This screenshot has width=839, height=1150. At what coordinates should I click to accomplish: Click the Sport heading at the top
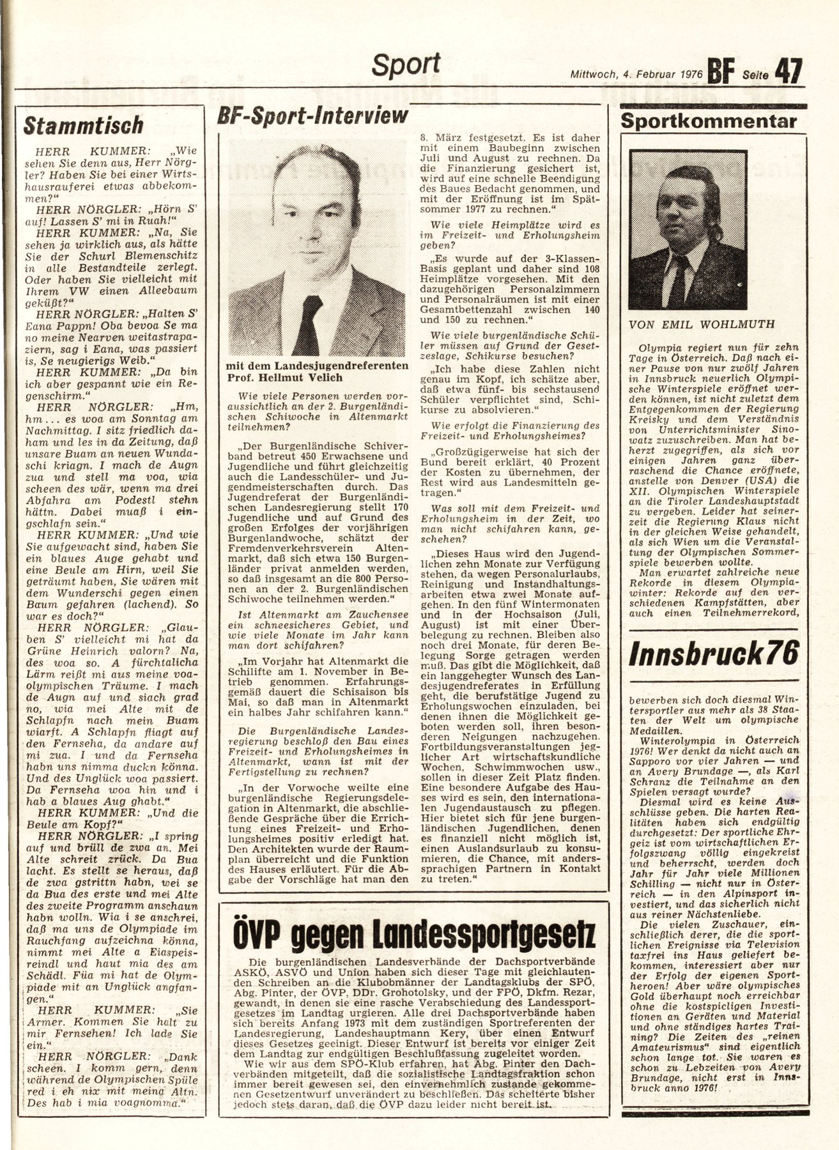point(406,65)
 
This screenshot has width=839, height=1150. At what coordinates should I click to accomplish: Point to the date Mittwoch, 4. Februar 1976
point(636,74)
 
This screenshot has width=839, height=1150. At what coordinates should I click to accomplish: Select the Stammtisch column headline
point(84,125)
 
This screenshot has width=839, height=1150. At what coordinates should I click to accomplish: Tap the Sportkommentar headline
point(709,121)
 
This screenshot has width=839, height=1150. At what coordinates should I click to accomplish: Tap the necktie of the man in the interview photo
point(309,325)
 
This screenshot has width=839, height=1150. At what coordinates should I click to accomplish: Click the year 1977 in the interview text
point(480,209)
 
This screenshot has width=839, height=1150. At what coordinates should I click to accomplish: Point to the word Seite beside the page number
point(755,75)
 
